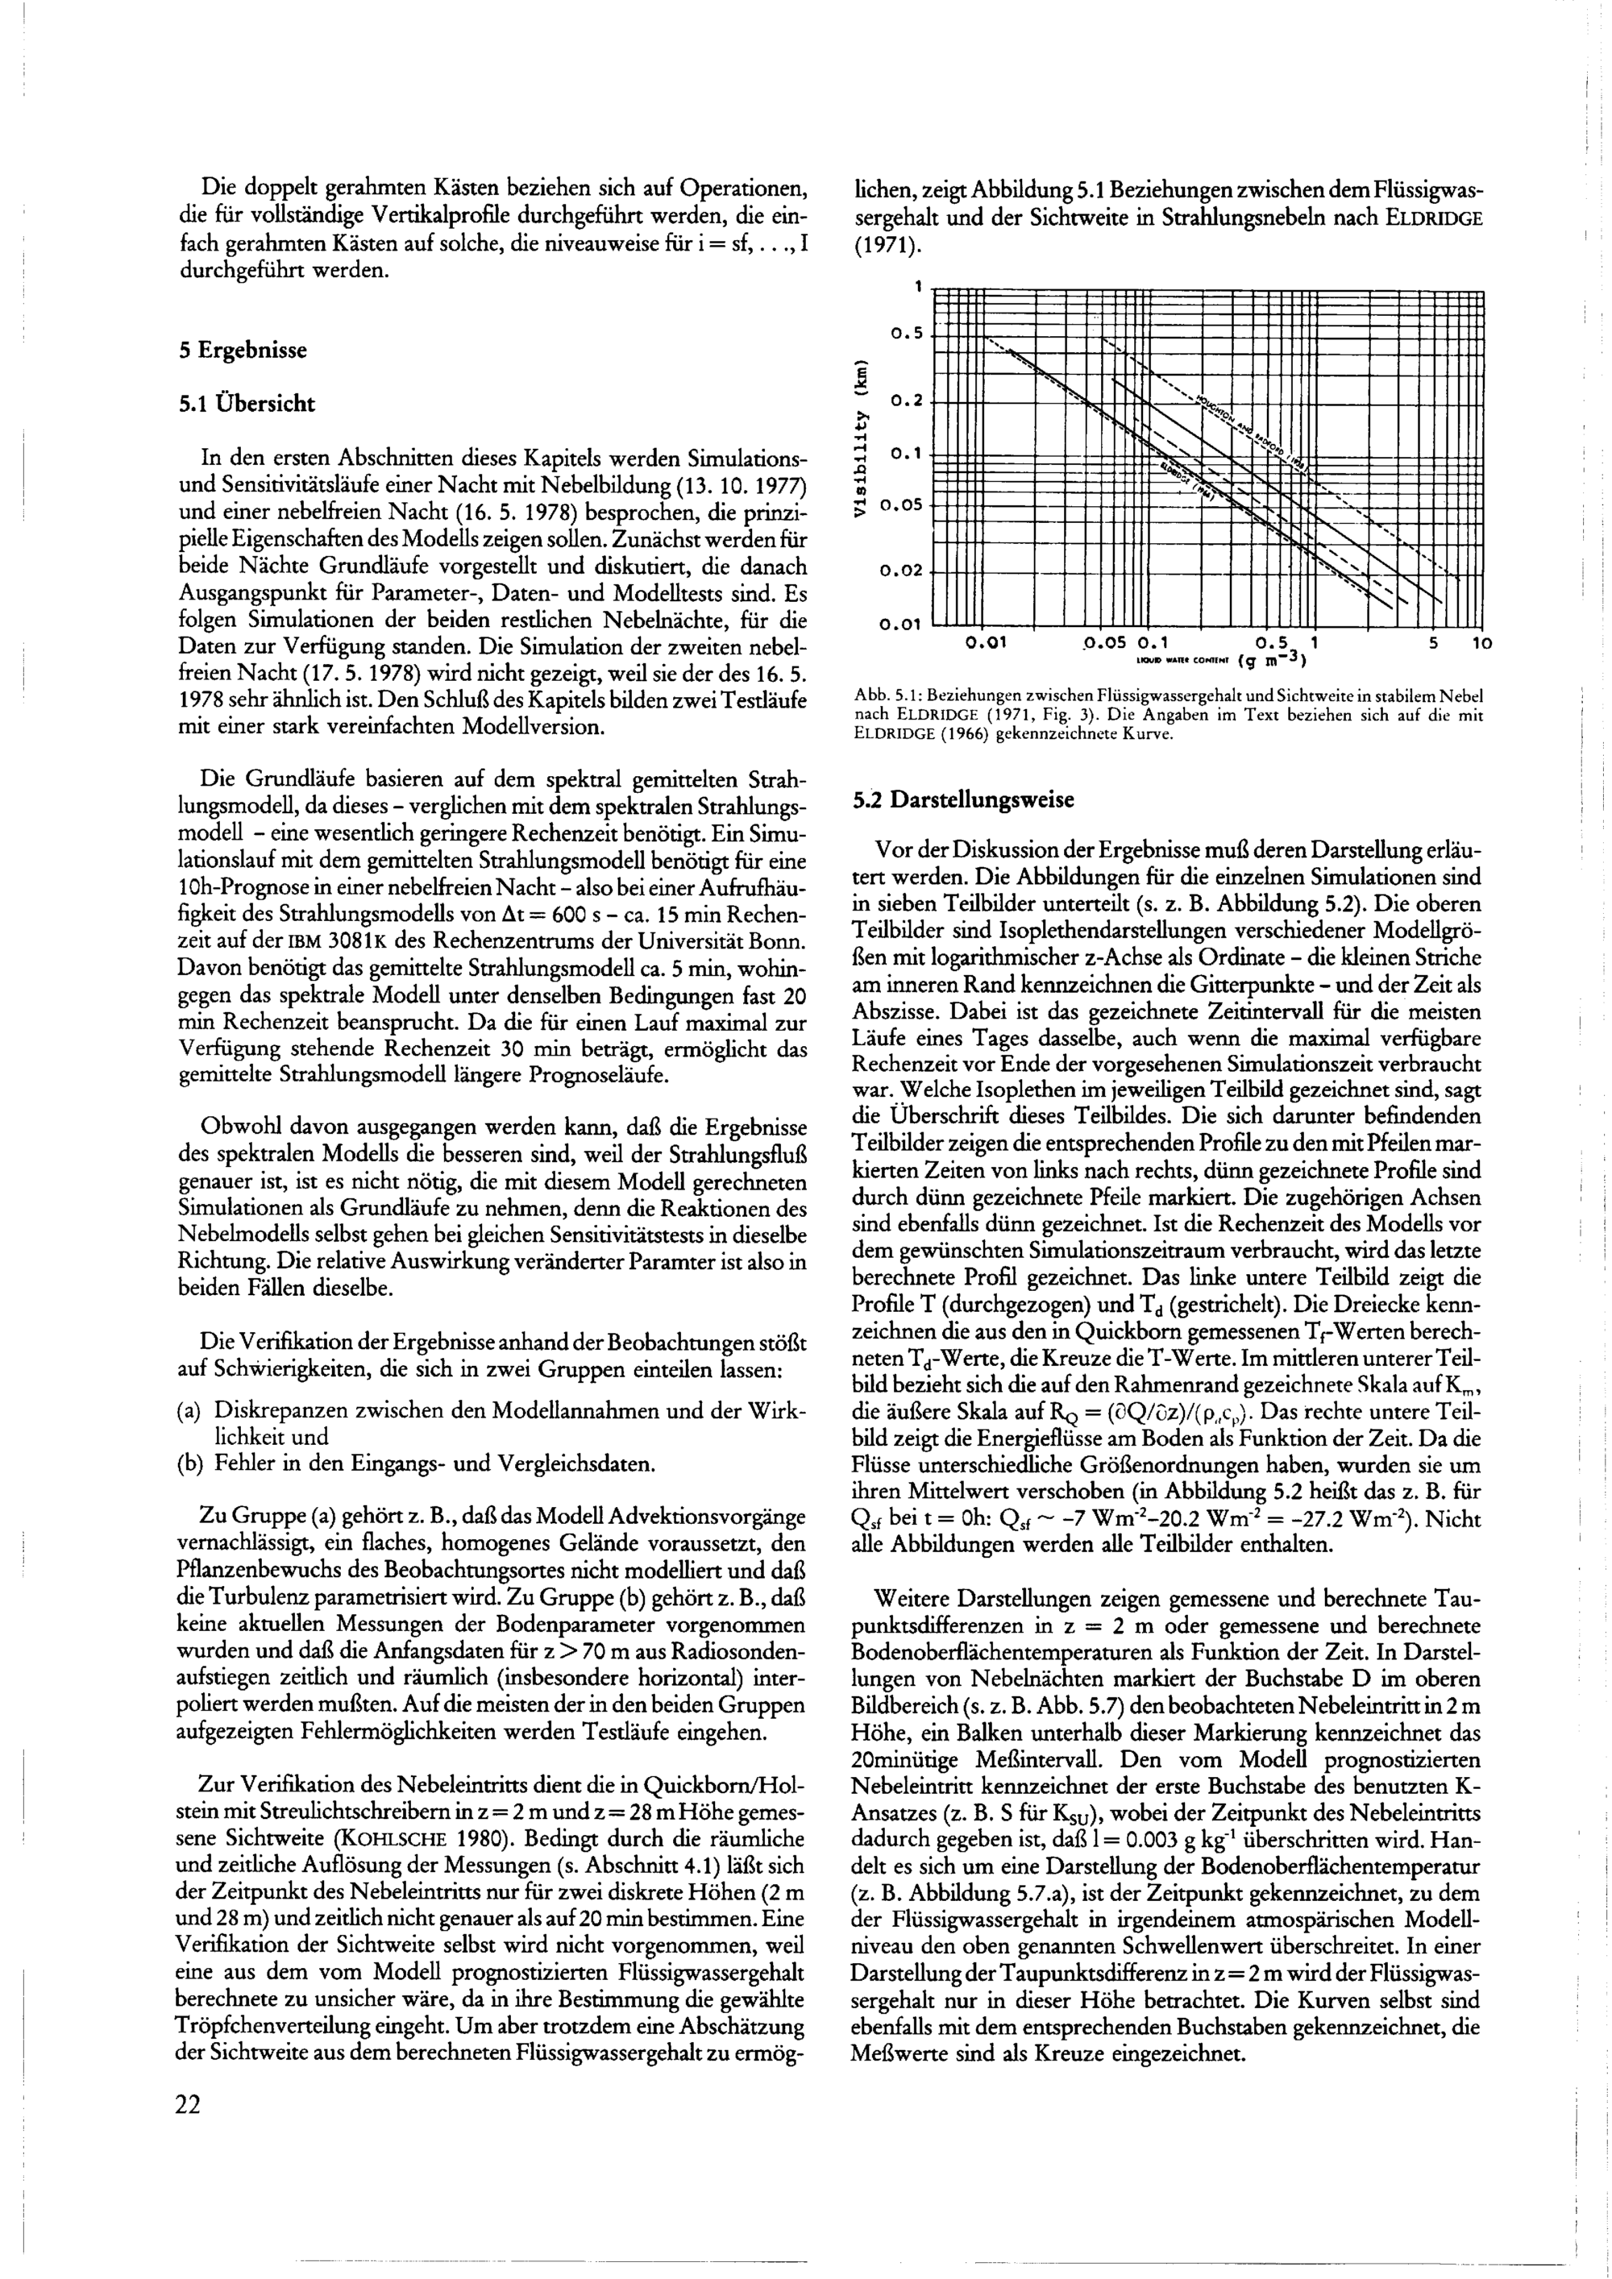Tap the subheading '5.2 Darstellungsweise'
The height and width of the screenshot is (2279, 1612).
(963, 799)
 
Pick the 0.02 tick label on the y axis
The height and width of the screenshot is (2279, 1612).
(901, 571)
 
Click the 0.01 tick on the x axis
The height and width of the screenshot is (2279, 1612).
(986, 643)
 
